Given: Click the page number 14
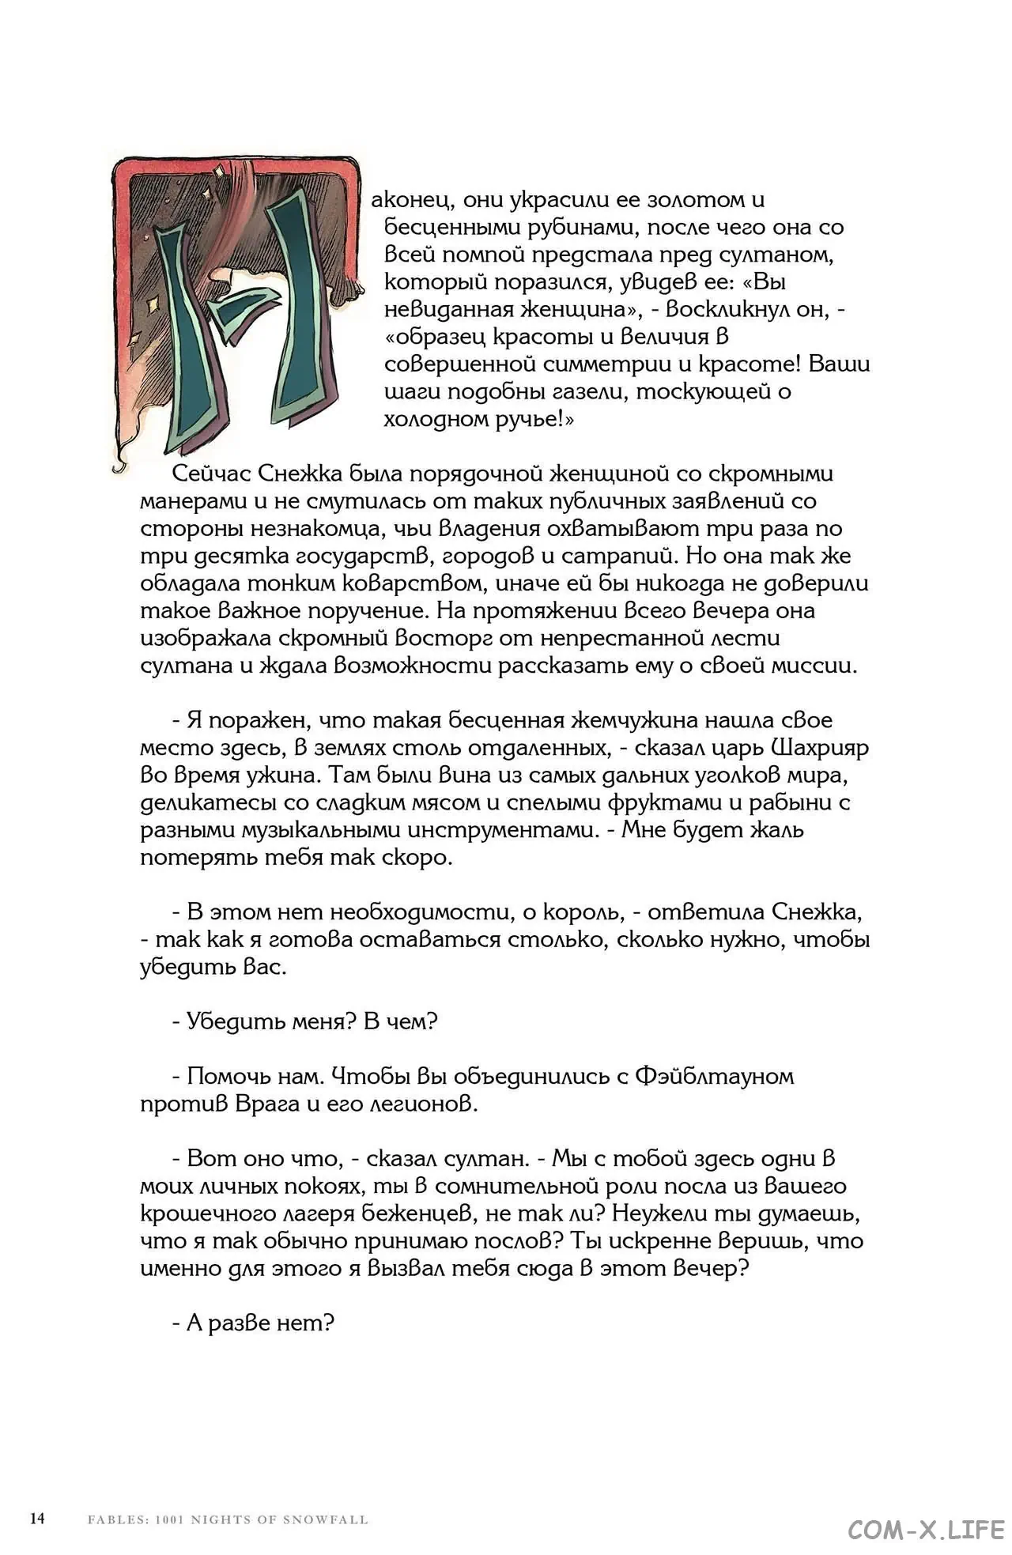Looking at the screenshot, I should click(x=36, y=1518).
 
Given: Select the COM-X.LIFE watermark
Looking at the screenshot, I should click(x=926, y=1529).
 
